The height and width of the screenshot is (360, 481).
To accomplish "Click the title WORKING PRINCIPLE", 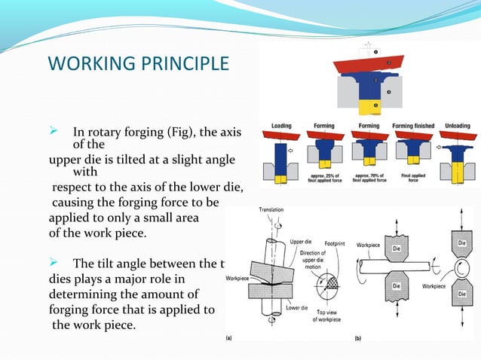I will [x=138, y=62].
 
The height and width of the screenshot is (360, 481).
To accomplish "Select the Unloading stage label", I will [x=458, y=126].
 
